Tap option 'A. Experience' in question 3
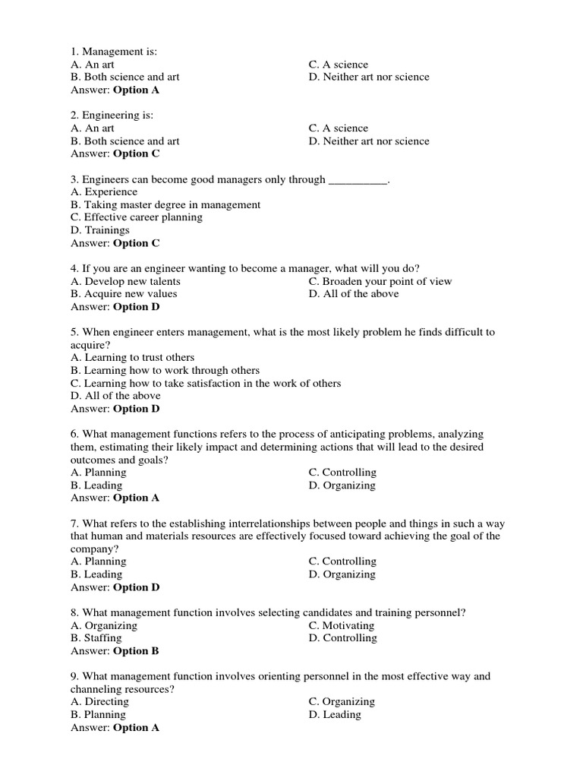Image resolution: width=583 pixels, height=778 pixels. [x=104, y=192]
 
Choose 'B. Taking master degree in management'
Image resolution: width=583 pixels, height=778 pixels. [x=165, y=205]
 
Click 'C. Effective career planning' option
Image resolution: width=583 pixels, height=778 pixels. [x=137, y=217]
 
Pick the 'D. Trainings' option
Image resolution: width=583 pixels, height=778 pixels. [x=100, y=230]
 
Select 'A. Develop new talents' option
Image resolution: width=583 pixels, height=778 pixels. [x=125, y=281]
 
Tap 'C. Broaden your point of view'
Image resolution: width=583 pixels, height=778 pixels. [x=380, y=281]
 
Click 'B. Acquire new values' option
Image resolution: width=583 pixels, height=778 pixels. [x=124, y=294]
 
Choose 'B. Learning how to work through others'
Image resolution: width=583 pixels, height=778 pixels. [x=165, y=370]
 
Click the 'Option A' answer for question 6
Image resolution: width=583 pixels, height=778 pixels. [x=137, y=498]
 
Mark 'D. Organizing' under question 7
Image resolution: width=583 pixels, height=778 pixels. [x=342, y=574]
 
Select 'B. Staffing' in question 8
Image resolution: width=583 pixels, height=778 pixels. [x=96, y=638]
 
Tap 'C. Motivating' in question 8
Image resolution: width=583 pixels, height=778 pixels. [x=342, y=626]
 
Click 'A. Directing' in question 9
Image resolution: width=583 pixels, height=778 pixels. [x=99, y=702]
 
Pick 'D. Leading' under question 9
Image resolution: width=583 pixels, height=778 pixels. [x=336, y=715]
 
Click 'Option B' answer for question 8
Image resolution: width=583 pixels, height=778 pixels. [x=137, y=651]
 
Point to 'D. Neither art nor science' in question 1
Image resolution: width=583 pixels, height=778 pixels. [x=369, y=77]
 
